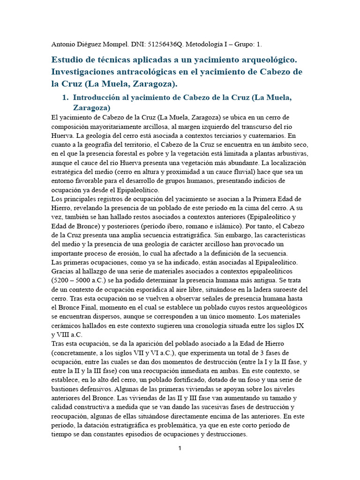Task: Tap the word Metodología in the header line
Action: coord(205,45)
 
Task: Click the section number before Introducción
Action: coord(66,97)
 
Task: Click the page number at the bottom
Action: coord(180,448)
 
